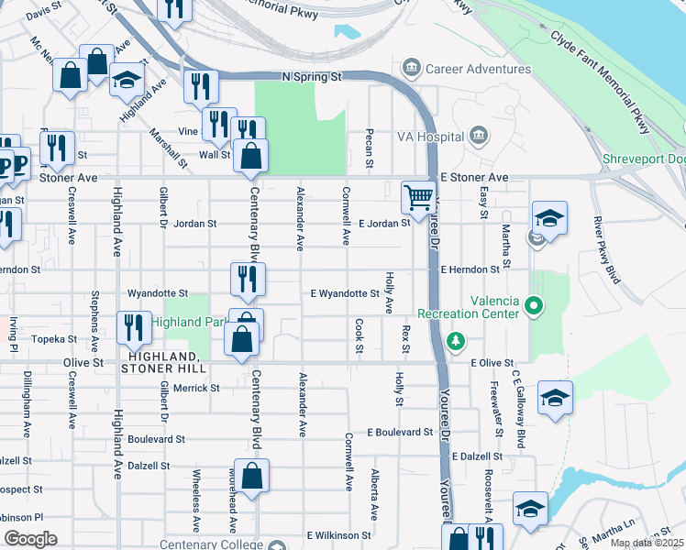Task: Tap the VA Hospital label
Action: [x=428, y=137]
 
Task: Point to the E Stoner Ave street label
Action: [x=474, y=177]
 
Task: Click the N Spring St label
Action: [x=312, y=77]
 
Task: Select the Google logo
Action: [x=30, y=538]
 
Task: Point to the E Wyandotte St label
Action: [x=345, y=293]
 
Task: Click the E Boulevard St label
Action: [x=400, y=432]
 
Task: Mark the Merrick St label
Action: [x=196, y=388]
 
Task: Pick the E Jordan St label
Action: [x=383, y=223]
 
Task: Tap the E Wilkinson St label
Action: [x=339, y=534]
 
